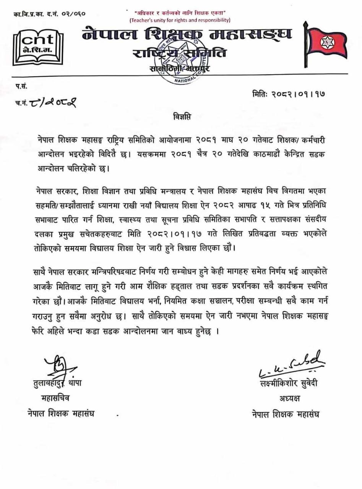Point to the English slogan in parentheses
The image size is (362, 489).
(x=180, y=19)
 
